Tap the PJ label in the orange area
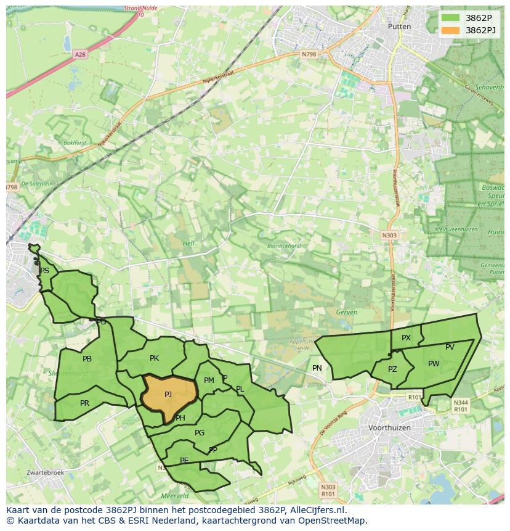click(168, 394)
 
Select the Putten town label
click(399, 27)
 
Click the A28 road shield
click(80, 54)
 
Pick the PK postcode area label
click(154, 358)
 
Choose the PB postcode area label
click(87, 359)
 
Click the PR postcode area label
click(84, 403)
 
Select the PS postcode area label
click(44, 271)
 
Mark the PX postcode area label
click(406, 338)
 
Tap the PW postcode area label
click(434, 364)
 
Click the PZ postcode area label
click(392, 369)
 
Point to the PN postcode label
click(317, 368)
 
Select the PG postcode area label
click(199, 433)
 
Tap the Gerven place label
click(347, 312)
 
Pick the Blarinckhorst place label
click(284, 245)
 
